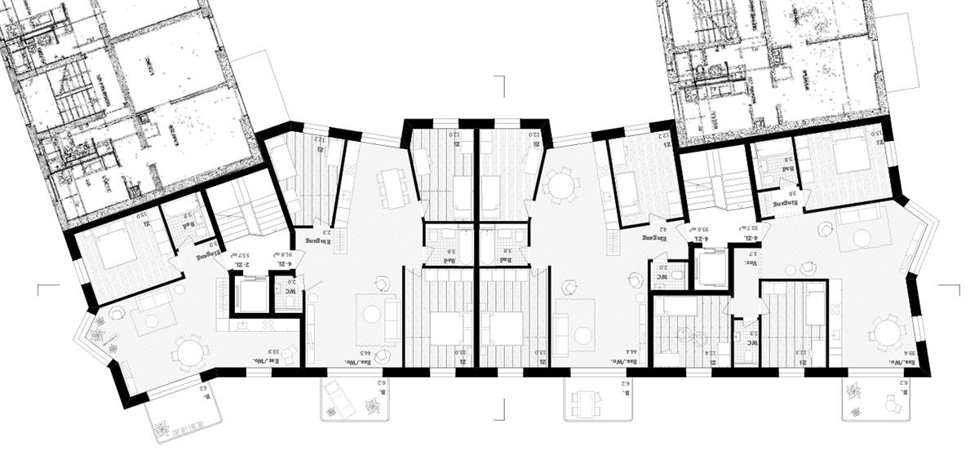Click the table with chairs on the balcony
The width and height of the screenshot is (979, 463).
pyautogui.click(x=587, y=401)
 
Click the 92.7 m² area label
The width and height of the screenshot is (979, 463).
pyautogui.click(x=746, y=230)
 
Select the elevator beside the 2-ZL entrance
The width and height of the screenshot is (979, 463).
pyautogui.click(x=250, y=294)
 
